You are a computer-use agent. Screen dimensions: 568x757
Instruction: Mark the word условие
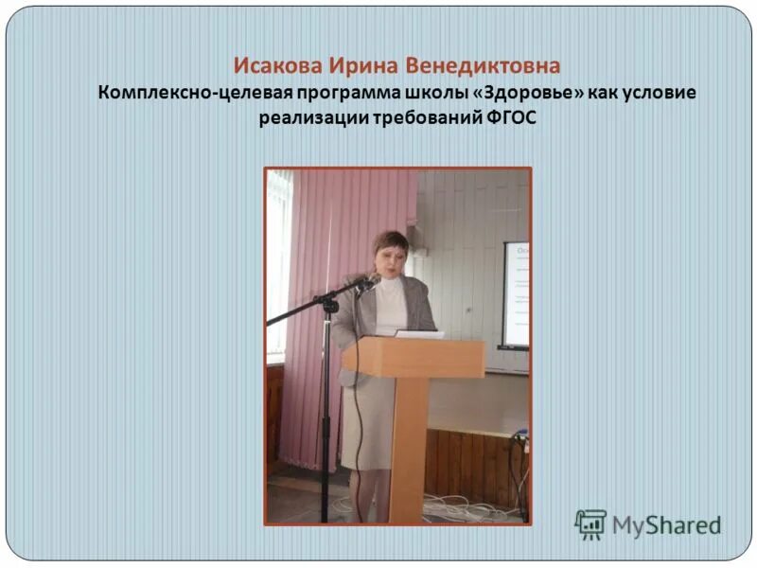660,94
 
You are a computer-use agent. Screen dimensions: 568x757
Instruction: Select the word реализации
304,119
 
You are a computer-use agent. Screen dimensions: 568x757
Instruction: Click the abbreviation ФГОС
509,119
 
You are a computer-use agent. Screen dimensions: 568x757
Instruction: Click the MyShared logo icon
590,524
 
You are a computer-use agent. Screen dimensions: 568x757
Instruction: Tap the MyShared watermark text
666,525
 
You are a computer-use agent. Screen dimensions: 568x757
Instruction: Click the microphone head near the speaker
370,280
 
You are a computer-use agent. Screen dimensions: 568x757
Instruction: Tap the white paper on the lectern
418,333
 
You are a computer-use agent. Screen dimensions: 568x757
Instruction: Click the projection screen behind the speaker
516,293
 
